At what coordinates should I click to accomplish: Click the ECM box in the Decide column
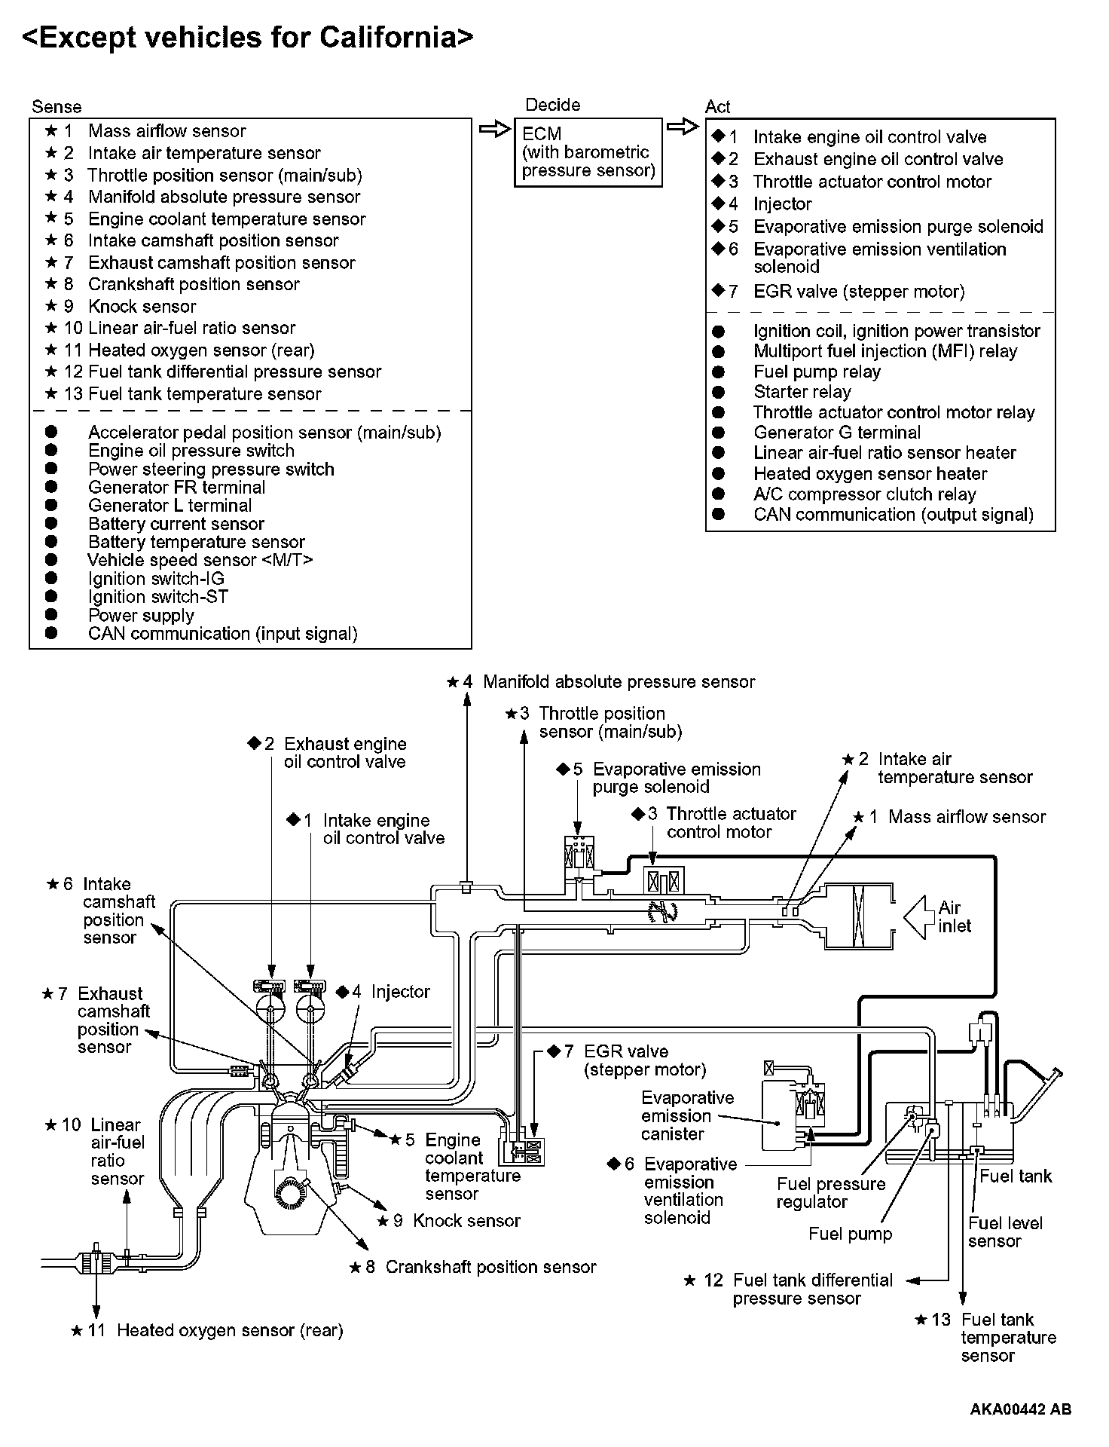(587, 152)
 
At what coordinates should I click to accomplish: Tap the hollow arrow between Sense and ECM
(494, 130)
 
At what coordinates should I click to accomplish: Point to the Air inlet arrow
(915, 916)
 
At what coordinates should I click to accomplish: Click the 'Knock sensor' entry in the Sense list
(142, 307)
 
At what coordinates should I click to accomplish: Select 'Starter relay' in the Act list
(802, 392)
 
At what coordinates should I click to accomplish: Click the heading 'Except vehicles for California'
(248, 36)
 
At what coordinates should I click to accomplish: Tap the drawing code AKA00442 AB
(1020, 1409)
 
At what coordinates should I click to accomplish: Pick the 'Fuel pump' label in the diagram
(850, 1234)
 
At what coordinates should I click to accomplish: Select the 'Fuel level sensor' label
(1005, 1232)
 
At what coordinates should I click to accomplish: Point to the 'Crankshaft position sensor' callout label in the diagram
(490, 1267)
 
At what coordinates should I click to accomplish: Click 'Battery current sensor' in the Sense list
(176, 524)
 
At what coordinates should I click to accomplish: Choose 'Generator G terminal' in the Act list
(836, 433)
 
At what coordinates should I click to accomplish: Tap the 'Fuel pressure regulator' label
(830, 1193)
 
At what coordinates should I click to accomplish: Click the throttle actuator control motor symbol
(663, 880)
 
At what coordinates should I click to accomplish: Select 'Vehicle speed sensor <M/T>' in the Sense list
(200, 560)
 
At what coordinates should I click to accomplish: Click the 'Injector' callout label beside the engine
(400, 992)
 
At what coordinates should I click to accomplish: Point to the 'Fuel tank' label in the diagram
(1016, 1176)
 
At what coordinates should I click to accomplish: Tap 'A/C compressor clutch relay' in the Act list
(864, 494)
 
